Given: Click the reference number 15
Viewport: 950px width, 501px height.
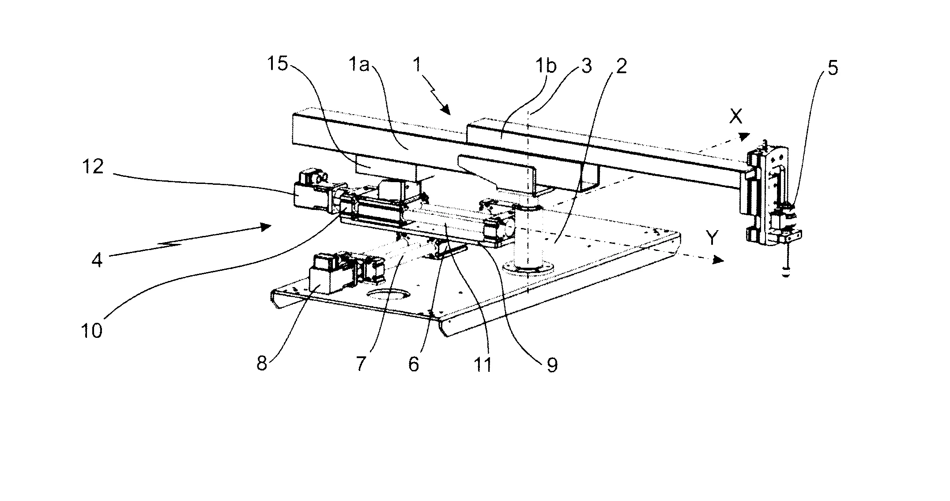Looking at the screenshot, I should point(278,64).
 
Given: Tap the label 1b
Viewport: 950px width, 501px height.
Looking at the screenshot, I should point(546,66).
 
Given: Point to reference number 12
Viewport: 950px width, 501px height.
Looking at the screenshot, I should point(93,167).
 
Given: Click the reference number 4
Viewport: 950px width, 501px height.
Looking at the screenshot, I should point(97,260).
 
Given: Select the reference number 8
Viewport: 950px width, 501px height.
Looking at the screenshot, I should point(262,364).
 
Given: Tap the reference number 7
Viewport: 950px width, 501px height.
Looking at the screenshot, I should point(361,364).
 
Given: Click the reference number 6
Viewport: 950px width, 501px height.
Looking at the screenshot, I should point(413,365).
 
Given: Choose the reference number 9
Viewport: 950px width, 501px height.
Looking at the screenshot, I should point(552,365).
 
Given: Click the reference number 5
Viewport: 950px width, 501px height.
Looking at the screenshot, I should point(832,68).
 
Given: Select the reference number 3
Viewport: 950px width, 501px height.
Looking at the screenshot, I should point(585,66).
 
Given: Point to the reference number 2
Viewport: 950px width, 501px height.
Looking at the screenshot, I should point(621,66).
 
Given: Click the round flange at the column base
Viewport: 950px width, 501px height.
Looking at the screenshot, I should point(528,269).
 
